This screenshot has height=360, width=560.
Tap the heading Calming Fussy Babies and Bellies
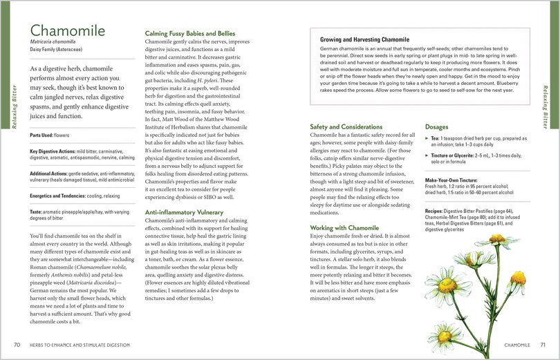[x=190, y=33]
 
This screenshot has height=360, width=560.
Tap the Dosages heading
[x=438, y=127]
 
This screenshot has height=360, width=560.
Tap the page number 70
[x=17, y=344]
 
